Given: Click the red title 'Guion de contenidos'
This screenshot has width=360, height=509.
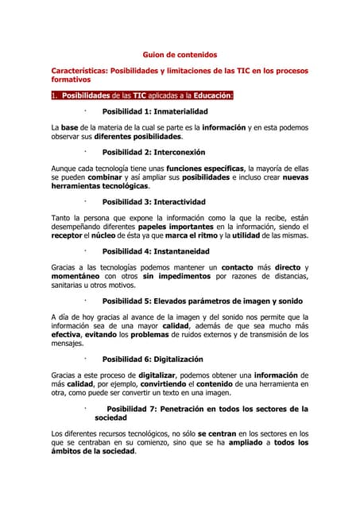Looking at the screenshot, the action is tap(179, 55).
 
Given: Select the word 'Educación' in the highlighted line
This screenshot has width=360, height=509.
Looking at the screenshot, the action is tap(208, 96).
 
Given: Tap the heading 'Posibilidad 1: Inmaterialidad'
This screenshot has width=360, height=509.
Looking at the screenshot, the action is tap(155, 111).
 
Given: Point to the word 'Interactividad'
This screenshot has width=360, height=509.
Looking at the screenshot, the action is tap(180, 202).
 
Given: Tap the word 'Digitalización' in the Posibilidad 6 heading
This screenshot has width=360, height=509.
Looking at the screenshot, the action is tap(178, 359).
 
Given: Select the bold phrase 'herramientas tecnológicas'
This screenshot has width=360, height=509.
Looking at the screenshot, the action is tap(94, 185).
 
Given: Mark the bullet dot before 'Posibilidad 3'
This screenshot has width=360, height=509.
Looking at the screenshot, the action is tap(84, 201).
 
